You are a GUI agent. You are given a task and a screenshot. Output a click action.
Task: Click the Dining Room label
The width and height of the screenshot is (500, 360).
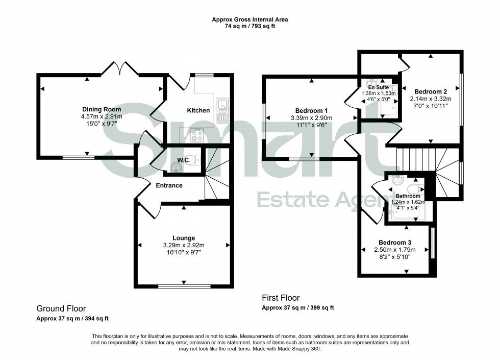(x=102, y=109)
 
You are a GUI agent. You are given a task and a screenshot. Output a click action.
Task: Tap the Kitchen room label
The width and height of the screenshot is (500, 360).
(x=198, y=110)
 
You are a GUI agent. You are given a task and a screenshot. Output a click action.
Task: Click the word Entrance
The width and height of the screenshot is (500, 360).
(x=169, y=185)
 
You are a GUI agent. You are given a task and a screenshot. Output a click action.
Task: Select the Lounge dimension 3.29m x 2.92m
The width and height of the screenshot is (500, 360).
(x=184, y=245)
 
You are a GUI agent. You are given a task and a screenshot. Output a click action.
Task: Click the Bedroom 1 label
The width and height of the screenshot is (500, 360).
(x=311, y=111)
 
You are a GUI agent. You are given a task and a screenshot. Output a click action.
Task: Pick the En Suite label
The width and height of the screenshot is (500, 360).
(x=379, y=87)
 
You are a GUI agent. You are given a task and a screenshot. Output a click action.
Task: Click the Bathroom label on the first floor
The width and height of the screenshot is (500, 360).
(x=408, y=196)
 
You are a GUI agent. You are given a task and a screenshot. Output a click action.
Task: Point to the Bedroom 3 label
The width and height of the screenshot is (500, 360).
(x=395, y=243)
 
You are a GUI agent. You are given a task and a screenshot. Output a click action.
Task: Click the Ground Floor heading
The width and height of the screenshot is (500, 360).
(x=61, y=308)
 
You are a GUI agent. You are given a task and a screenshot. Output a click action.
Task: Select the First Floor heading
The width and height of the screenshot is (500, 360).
(x=281, y=298)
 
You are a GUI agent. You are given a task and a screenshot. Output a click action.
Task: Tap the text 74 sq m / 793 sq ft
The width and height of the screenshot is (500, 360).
(x=250, y=27)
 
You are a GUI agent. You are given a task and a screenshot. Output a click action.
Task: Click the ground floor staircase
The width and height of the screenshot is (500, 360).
(x=216, y=176)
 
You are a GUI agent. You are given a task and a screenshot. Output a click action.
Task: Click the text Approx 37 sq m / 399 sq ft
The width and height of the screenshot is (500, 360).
(x=297, y=308)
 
